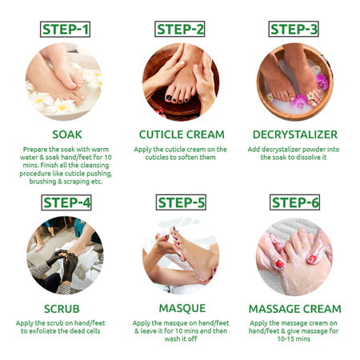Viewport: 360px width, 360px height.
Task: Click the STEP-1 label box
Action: pos(65,30)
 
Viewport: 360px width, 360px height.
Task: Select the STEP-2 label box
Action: pos(180,30)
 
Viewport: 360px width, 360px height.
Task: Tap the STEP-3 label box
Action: pos(294,30)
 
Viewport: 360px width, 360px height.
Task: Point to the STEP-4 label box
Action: pos(65,202)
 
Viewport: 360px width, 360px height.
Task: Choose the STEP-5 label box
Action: pos(180,202)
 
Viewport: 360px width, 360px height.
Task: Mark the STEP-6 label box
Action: pos(294,202)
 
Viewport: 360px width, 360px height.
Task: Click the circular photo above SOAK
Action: pos(65,82)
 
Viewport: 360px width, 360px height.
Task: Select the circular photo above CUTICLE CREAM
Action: pos(180,82)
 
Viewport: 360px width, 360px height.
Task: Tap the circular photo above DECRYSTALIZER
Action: pos(294,82)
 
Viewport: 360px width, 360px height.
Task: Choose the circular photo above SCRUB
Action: pos(65,255)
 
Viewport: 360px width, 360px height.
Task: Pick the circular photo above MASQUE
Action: pos(180,255)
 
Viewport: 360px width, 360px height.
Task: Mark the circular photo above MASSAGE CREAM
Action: pos(294,255)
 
